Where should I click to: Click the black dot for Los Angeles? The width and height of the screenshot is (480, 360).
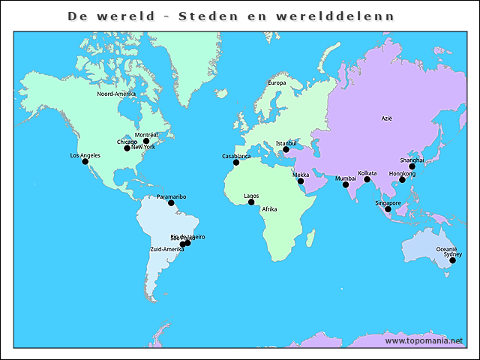pyautogui.click(x=85, y=161)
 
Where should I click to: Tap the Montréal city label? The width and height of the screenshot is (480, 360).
pyautogui.click(x=146, y=134)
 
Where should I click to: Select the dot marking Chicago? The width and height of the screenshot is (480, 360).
pyautogui.click(x=127, y=148)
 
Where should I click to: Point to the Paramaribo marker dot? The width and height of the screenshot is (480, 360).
pyautogui.click(x=171, y=202)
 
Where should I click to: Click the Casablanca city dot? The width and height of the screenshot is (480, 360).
pyautogui.click(x=236, y=162)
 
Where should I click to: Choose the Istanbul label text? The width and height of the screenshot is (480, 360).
pyautogui.click(x=286, y=142)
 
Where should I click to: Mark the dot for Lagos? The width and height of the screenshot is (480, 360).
pyautogui.click(x=252, y=202)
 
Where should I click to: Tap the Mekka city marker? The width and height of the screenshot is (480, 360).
pyautogui.click(x=301, y=181)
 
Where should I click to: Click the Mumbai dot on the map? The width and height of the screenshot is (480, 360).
pyautogui.click(x=346, y=184)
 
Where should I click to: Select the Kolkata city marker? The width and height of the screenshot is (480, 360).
pyautogui.click(x=367, y=179)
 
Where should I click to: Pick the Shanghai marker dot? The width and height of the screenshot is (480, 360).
pyautogui.click(x=412, y=166)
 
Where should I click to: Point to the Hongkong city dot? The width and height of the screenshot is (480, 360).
pyautogui.click(x=402, y=180)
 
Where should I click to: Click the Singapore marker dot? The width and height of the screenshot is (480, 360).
pyautogui.click(x=388, y=209)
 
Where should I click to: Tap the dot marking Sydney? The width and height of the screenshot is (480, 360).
pyautogui.click(x=452, y=260)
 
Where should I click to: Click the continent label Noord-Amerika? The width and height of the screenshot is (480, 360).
pyautogui.click(x=116, y=94)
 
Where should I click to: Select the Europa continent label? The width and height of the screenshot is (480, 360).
pyautogui.click(x=277, y=82)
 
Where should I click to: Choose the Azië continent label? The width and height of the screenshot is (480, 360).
pyautogui.click(x=387, y=118)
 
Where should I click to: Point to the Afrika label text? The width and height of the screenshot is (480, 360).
pyautogui.click(x=270, y=209)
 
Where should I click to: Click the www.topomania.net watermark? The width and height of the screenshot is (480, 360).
pyautogui.click(x=424, y=340)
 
